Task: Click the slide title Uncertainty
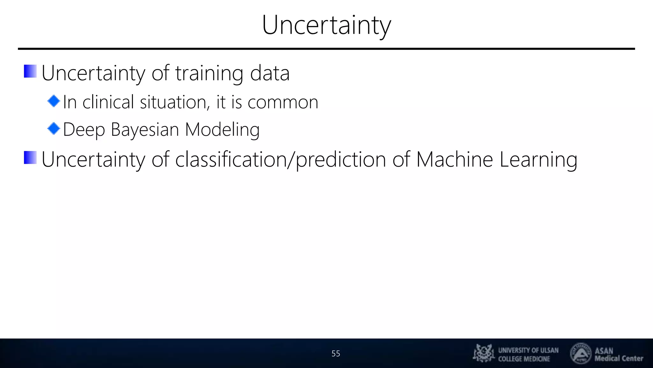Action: pyautogui.click(x=326, y=26)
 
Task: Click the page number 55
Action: pyautogui.click(x=336, y=354)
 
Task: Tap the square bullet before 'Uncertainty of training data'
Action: pyautogui.click(x=30, y=71)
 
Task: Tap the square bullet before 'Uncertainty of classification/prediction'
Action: pyautogui.click(x=30, y=157)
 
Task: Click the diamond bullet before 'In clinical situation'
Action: pyautogui.click(x=54, y=101)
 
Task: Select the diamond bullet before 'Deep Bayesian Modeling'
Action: pyautogui.click(x=54, y=129)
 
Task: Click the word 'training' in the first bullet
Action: pyautogui.click(x=209, y=73)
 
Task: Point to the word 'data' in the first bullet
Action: pyautogui.click(x=270, y=73)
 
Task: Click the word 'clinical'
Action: pyautogui.click(x=108, y=102)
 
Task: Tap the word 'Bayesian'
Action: pyautogui.click(x=145, y=130)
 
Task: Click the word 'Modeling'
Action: pyautogui.click(x=222, y=130)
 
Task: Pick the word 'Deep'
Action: pyautogui.click(x=84, y=130)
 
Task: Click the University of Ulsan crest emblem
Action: pyautogui.click(x=484, y=353)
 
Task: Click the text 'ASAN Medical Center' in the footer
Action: pyautogui.click(x=619, y=355)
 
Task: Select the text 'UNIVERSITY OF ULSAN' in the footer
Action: pyautogui.click(x=528, y=350)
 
